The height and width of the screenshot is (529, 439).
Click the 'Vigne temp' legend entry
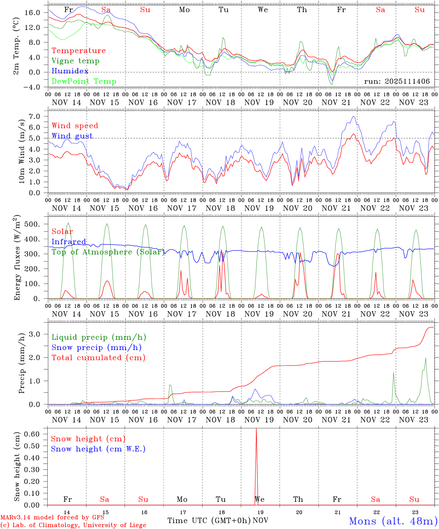pyautogui.click(x=75, y=61)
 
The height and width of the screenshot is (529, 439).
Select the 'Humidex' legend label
pyautogui.click(x=70, y=71)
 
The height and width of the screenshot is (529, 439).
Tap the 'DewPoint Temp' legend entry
pyautogui.click(x=84, y=82)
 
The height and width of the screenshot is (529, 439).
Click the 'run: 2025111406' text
pyautogui.click(x=397, y=82)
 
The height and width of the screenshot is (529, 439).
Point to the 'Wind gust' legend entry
pyautogui.click(x=72, y=136)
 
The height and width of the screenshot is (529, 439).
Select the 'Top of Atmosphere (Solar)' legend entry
pyautogui.click(x=108, y=252)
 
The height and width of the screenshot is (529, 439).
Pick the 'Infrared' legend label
pyautogui.click(x=69, y=242)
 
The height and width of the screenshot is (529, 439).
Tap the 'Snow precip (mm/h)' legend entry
pyautogui.click(x=96, y=348)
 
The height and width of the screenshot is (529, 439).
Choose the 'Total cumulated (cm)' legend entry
pyautogui.click(x=98, y=358)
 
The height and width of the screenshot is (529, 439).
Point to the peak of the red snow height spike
pyautogui.click(x=256, y=429)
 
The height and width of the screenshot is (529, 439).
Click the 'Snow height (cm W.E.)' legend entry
pyautogui.click(x=98, y=449)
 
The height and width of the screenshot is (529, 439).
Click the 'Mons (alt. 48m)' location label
pyautogui.click(x=393, y=521)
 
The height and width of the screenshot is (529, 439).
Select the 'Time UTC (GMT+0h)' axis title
pyautogui.click(x=209, y=521)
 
